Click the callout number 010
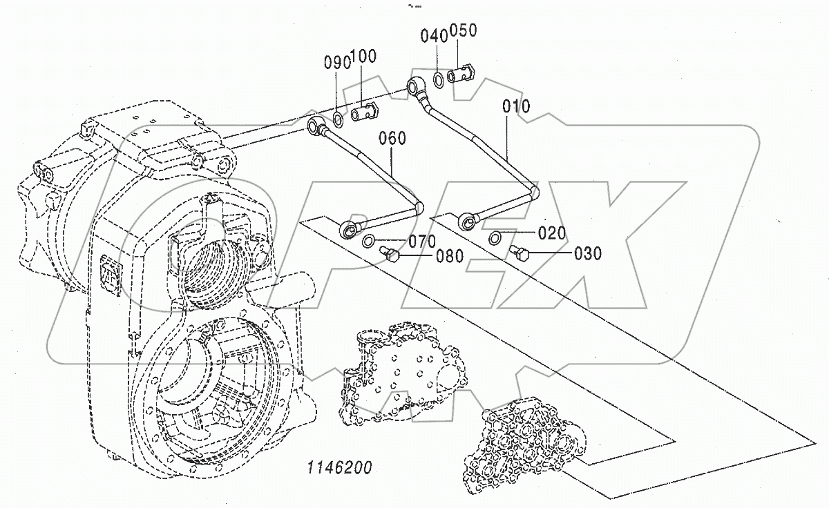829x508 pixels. (x=516, y=107)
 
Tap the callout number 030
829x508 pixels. (x=587, y=254)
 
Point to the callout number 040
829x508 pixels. (x=435, y=37)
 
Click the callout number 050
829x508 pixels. (x=463, y=31)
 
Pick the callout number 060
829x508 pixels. (x=392, y=139)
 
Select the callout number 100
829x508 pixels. (x=363, y=57)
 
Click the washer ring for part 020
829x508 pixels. (x=495, y=239)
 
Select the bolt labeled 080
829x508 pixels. (x=391, y=256)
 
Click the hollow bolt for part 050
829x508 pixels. (x=461, y=73)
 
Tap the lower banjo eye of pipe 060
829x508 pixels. (x=350, y=226)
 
